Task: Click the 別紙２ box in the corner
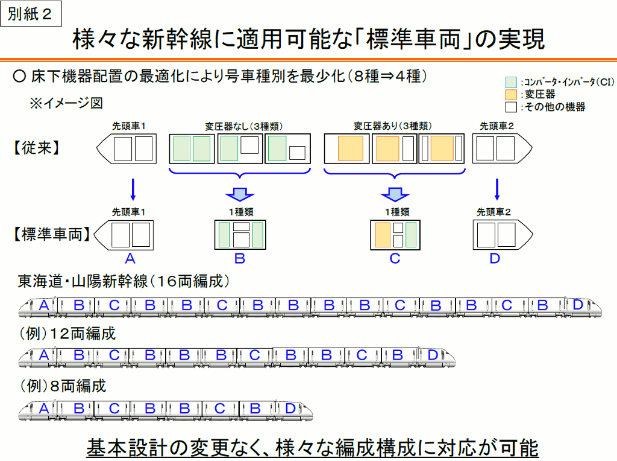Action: pyautogui.click(x=31, y=13)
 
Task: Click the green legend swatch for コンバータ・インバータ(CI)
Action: pyautogui.click(x=511, y=82)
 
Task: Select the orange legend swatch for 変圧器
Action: pyautogui.click(x=511, y=95)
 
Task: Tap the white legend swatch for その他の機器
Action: pyautogui.click(x=511, y=107)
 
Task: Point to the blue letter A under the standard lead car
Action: pyautogui.click(x=130, y=258)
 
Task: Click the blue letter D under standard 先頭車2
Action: pyautogui.click(x=495, y=258)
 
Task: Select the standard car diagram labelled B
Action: pyautogui.click(x=240, y=235)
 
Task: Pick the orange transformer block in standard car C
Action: pyautogui.click(x=383, y=235)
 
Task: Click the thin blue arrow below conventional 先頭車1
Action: pyautogui.click(x=133, y=190)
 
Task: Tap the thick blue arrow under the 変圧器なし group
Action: pyautogui.click(x=240, y=194)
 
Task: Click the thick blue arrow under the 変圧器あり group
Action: pyautogui.click(x=395, y=194)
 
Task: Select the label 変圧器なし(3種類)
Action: pyautogui.click(x=243, y=126)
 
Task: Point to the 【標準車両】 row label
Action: pyautogui.click(x=52, y=234)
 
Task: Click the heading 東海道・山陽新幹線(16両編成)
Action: pyautogui.click(x=123, y=281)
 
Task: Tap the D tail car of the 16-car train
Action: pyautogui.click(x=583, y=307)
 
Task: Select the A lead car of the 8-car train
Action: pyautogui.click(x=38, y=410)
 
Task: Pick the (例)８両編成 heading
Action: pyautogui.click(x=63, y=386)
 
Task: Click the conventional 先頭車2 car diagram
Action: pyautogui.click(x=502, y=148)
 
